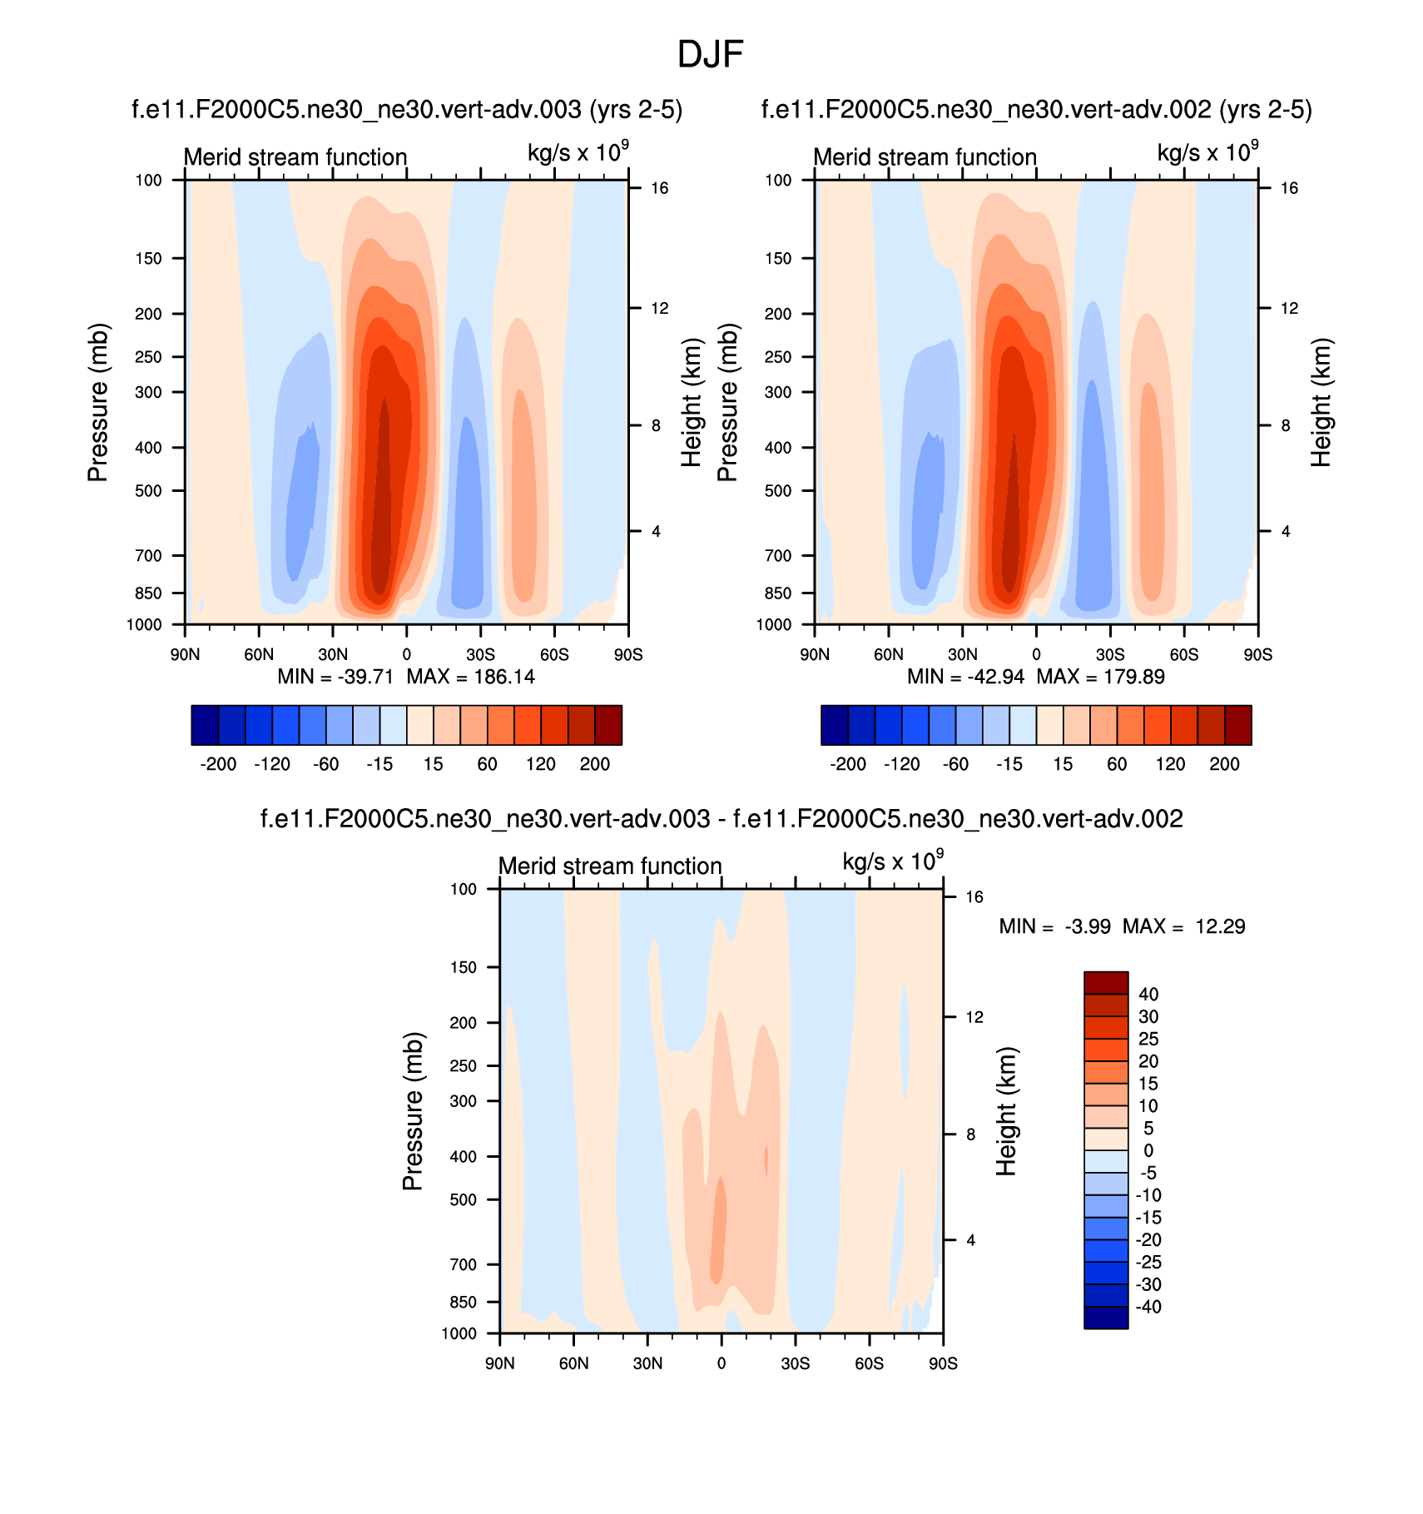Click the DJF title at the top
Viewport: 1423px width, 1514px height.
(x=710, y=55)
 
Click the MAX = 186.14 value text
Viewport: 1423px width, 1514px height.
(x=470, y=677)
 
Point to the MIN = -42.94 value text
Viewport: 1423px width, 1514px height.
(x=965, y=677)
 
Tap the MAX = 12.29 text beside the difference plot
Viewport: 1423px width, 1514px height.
(x=1183, y=926)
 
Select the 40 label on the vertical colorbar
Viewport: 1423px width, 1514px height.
(x=1148, y=995)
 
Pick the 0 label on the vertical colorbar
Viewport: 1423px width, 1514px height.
(x=1148, y=1151)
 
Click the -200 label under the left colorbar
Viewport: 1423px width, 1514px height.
(x=218, y=764)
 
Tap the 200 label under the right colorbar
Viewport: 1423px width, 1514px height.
(x=1224, y=764)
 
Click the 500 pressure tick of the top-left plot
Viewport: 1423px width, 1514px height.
(x=148, y=491)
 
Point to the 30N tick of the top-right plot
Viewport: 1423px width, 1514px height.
(x=963, y=655)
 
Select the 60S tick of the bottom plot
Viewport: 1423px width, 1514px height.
(x=869, y=1364)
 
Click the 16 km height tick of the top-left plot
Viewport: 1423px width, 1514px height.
(x=659, y=188)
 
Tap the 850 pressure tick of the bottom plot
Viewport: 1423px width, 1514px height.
(x=463, y=1303)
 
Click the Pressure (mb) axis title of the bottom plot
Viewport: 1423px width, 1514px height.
(x=413, y=1111)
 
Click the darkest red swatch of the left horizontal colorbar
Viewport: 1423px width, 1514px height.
(x=608, y=725)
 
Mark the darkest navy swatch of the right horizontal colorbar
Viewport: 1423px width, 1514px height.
(x=835, y=725)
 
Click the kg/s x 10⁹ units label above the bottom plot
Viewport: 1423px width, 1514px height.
(x=893, y=861)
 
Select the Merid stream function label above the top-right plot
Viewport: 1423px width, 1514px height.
(x=925, y=157)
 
